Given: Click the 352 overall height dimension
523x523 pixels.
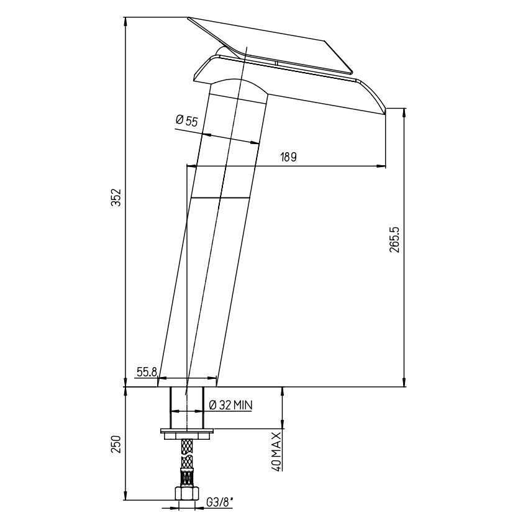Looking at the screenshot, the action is [x=116, y=198].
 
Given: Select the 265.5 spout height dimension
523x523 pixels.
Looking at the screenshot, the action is [x=395, y=240].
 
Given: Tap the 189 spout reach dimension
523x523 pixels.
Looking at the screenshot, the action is [x=288, y=157].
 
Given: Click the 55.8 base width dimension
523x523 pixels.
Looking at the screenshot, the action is [x=147, y=372].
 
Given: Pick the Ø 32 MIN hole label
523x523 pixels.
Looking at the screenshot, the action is [x=231, y=405].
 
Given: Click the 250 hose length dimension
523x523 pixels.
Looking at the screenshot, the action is [x=116, y=445].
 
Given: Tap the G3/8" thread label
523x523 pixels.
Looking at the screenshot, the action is [x=220, y=503].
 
